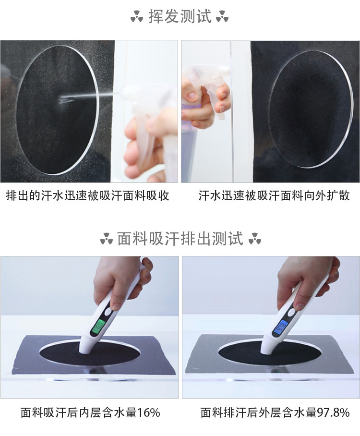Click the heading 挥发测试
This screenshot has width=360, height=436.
[x=180, y=16]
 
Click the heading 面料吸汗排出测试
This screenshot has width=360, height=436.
[x=180, y=239]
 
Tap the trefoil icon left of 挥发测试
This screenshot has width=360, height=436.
[x=137, y=17]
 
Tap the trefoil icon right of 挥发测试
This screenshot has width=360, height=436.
[x=222, y=17]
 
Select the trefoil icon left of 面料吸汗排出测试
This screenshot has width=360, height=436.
[x=107, y=239]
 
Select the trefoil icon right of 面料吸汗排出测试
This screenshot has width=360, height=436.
[x=255, y=239]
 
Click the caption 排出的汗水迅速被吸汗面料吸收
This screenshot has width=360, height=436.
[x=87, y=196]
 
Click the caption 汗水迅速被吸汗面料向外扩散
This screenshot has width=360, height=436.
[x=274, y=196]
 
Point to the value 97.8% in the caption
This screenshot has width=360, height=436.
[x=333, y=412]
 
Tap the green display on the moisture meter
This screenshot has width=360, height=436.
[x=97, y=327]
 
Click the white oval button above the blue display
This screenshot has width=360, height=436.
[x=291, y=313]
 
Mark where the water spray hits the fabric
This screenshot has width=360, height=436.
[x=62, y=99]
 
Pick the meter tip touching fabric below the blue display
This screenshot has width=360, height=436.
[x=266, y=351]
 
